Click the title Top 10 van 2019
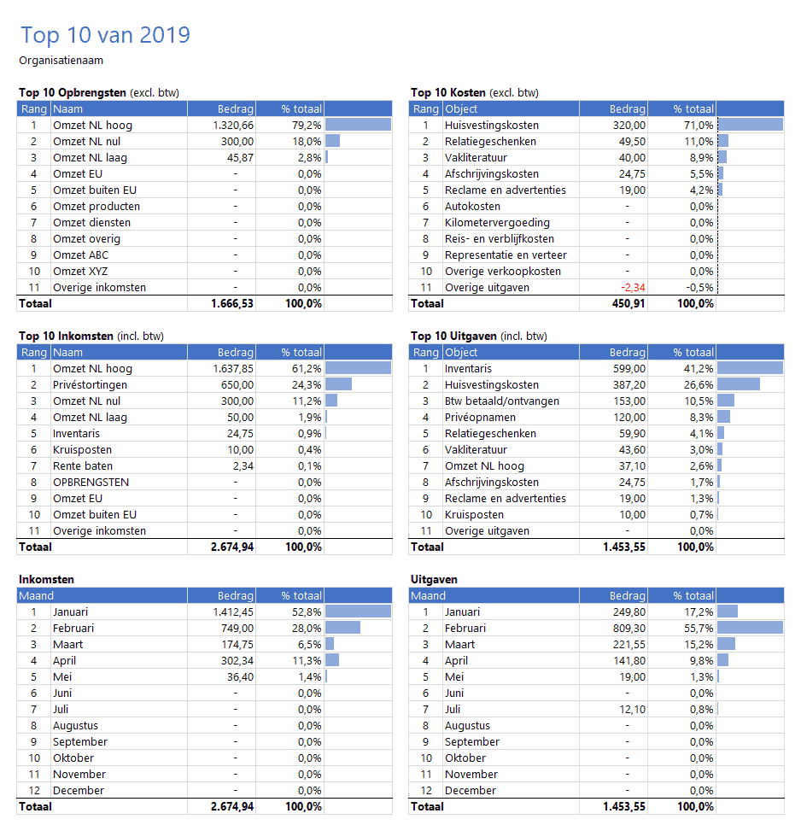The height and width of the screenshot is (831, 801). (105, 35)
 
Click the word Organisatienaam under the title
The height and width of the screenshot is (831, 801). (61, 61)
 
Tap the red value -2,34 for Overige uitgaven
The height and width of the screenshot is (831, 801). (630, 288)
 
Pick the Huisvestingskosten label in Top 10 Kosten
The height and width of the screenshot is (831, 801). (491, 126)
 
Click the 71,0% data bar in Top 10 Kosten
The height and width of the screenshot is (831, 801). (751, 126)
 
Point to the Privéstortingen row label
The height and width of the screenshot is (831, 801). (90, 385)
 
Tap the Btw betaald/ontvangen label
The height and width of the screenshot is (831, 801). (502, 401)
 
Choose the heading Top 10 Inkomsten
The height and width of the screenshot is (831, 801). (65, 336)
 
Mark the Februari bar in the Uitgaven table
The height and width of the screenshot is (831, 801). (751, 629)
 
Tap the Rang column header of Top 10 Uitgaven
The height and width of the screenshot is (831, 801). (425, 353)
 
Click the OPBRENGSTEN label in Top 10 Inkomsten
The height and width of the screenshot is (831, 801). (91, 483)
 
